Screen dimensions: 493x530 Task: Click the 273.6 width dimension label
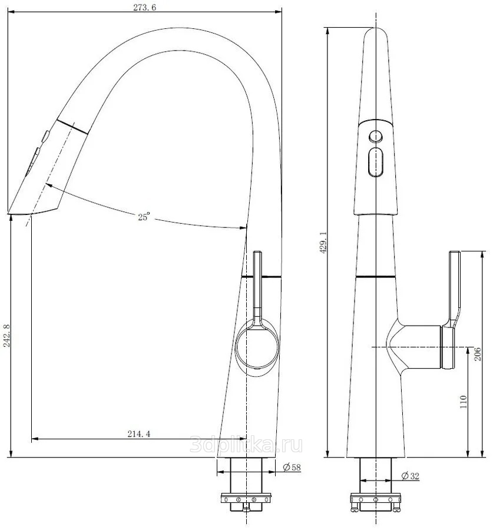click(144, 8)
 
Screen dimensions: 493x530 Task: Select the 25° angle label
click(143, 217)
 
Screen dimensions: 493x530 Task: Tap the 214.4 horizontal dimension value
click(138, 433)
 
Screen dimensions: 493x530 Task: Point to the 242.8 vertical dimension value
click(6, 336)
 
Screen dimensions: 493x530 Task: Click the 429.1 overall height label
click(323, 243)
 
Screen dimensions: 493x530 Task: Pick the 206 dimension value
click(477, 354)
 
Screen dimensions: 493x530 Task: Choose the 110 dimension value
click(463, 402)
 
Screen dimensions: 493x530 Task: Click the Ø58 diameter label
click(292, 468)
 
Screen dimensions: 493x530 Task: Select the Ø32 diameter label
click(410, 476)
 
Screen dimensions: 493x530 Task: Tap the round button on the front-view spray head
click(375, 137)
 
